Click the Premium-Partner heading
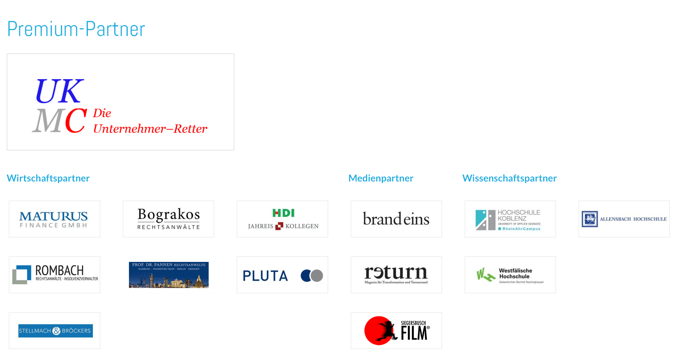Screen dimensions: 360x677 [76, 29]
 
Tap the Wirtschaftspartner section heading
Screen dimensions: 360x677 [48, 178]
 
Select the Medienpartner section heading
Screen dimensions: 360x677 [381, 178]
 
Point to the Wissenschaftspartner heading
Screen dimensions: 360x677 [509, 178]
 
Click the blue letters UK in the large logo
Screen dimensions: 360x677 [59, 91]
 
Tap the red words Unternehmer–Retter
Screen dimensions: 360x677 [150, 129]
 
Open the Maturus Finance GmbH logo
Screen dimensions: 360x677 [54, 219]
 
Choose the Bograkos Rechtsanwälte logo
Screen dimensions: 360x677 [169, 219]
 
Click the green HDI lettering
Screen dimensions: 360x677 [283, 213]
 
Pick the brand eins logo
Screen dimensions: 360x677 [396, 219]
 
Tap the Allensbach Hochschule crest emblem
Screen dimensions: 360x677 [589, 219]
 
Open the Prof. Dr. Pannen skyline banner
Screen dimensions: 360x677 [169, 275]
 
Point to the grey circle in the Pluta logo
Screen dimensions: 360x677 [317, 275]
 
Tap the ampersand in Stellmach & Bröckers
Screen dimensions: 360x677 [56, 331]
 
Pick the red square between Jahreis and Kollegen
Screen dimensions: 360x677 [279, 226]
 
